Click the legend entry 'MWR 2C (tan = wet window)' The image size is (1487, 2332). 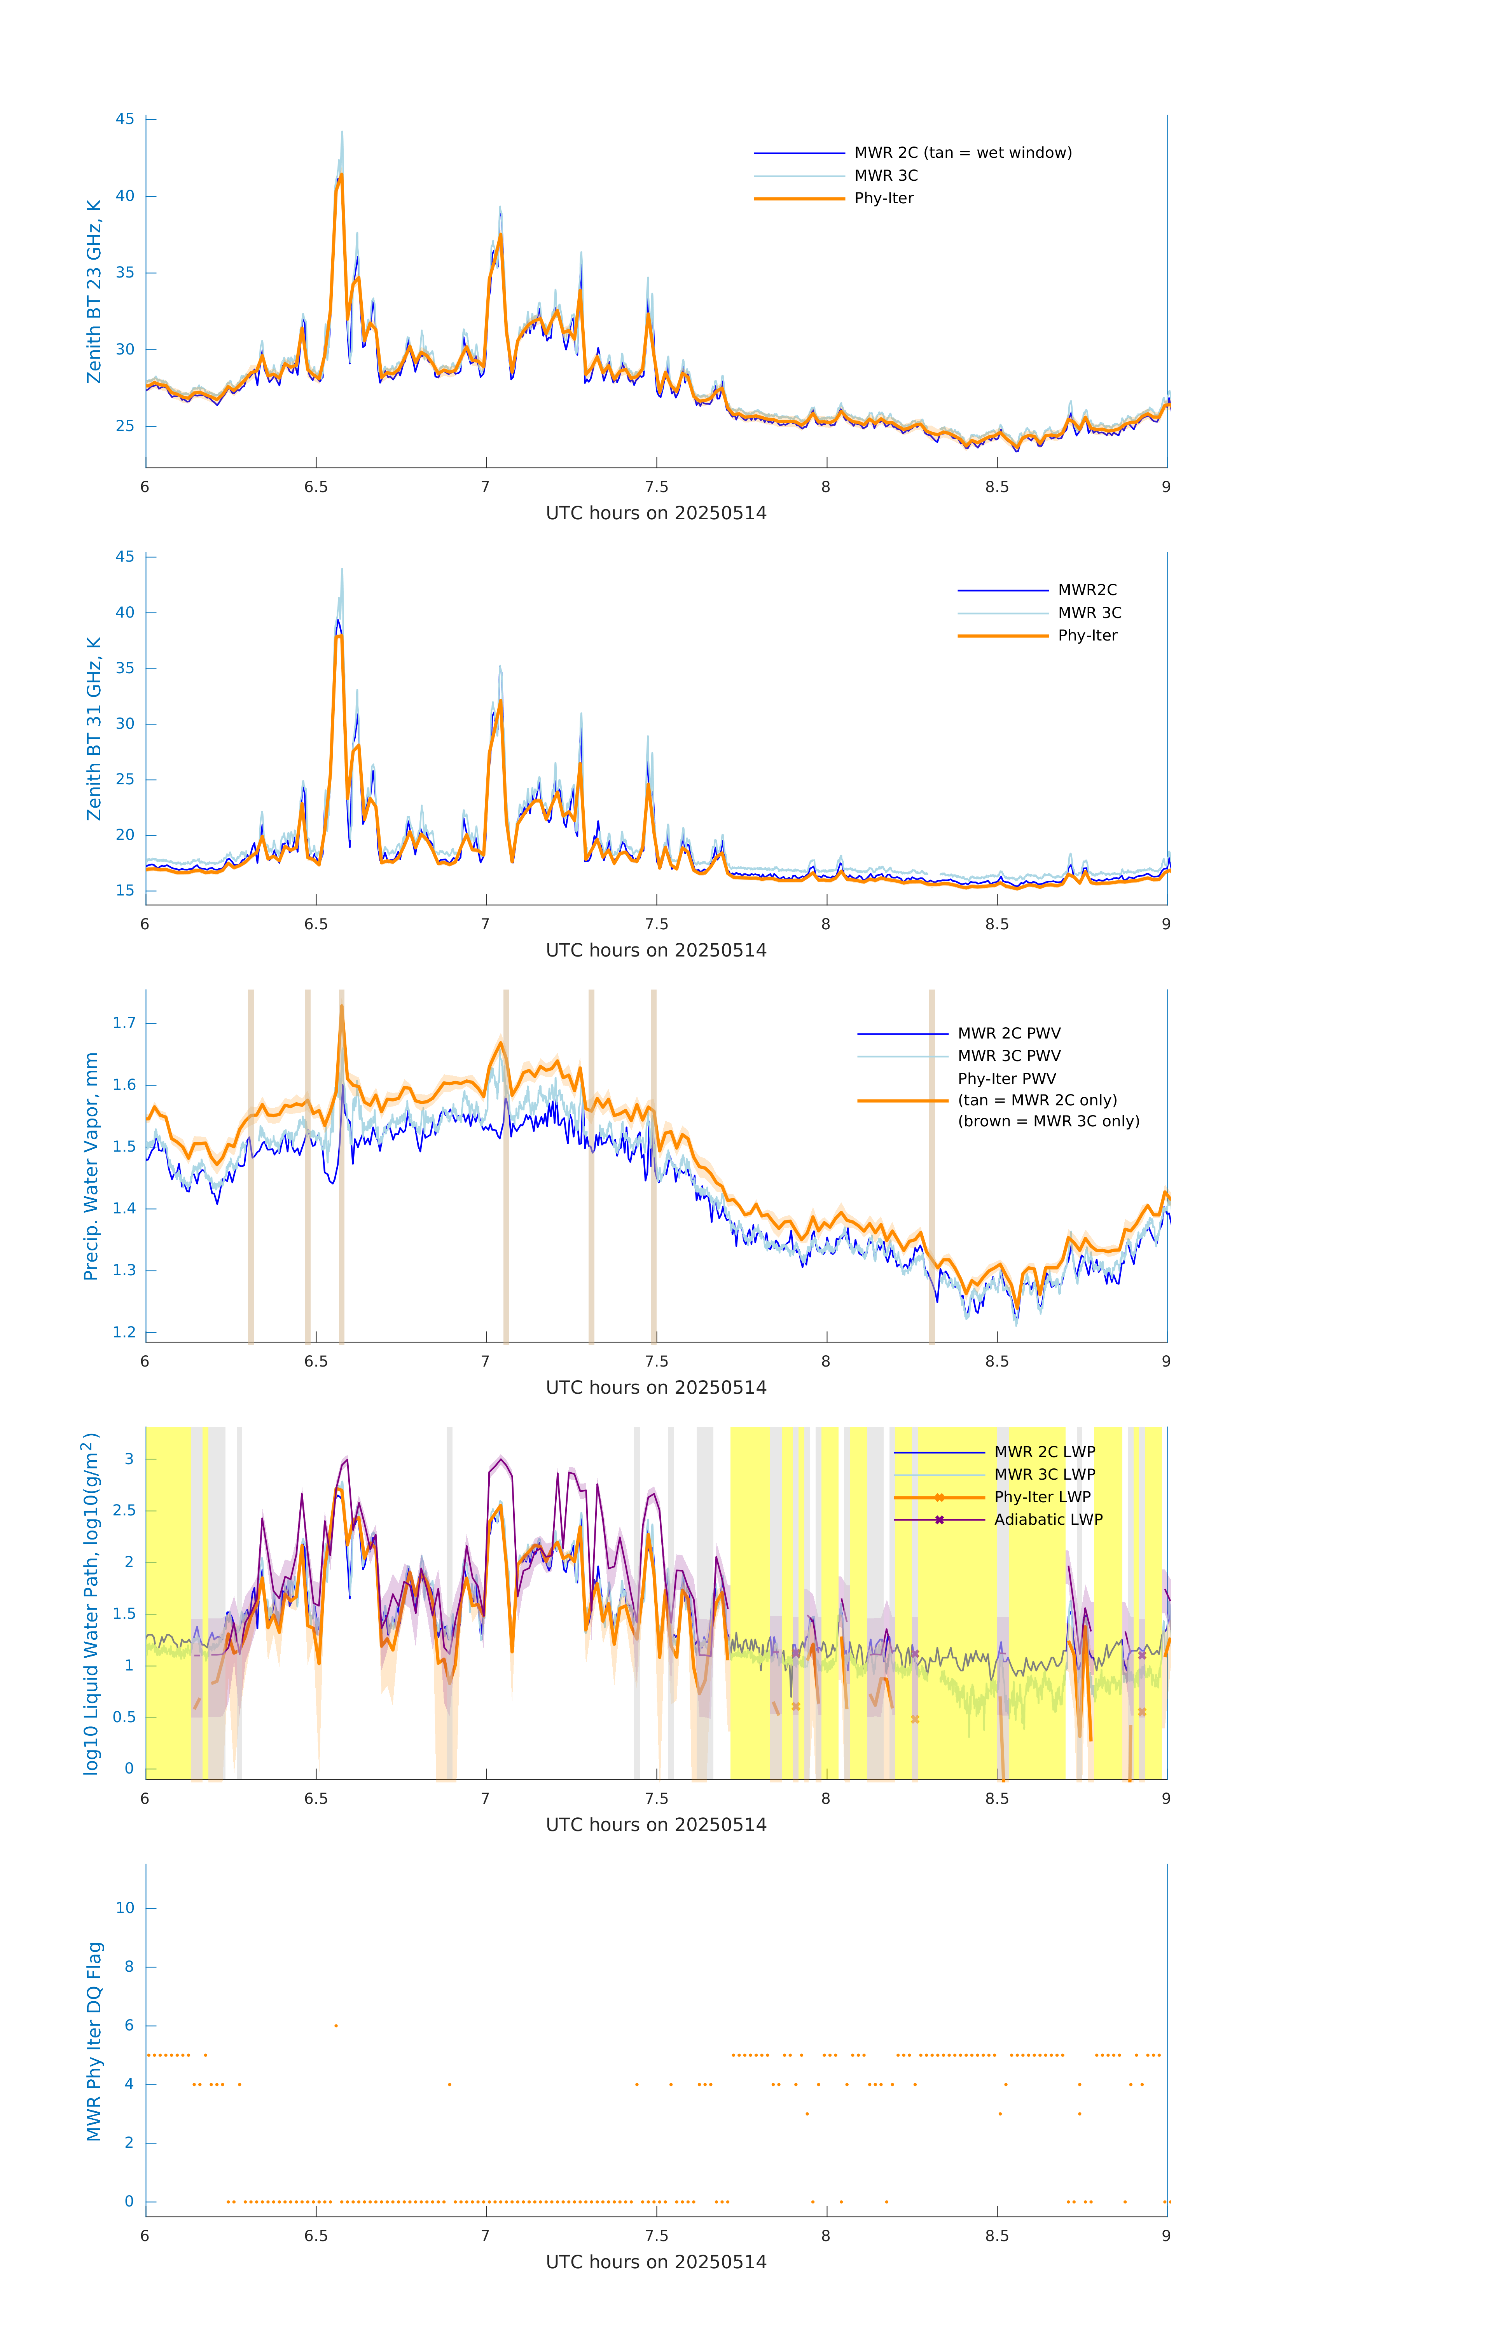tap(962, 153)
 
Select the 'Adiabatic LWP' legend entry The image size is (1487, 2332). tap(1047, 1519)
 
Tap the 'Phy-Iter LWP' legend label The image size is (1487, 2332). tap(1041, 1497)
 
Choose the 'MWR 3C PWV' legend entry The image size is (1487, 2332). tap(1008, 1056)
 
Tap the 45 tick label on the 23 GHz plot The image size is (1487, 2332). tap(125, 119)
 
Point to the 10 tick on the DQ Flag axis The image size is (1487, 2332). tap(125, 1908)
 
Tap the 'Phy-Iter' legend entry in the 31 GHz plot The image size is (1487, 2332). tap(1087, 635)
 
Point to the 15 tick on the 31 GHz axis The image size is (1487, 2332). tap(125, 891)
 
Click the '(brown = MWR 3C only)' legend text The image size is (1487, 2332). tap(1048, 1121)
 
